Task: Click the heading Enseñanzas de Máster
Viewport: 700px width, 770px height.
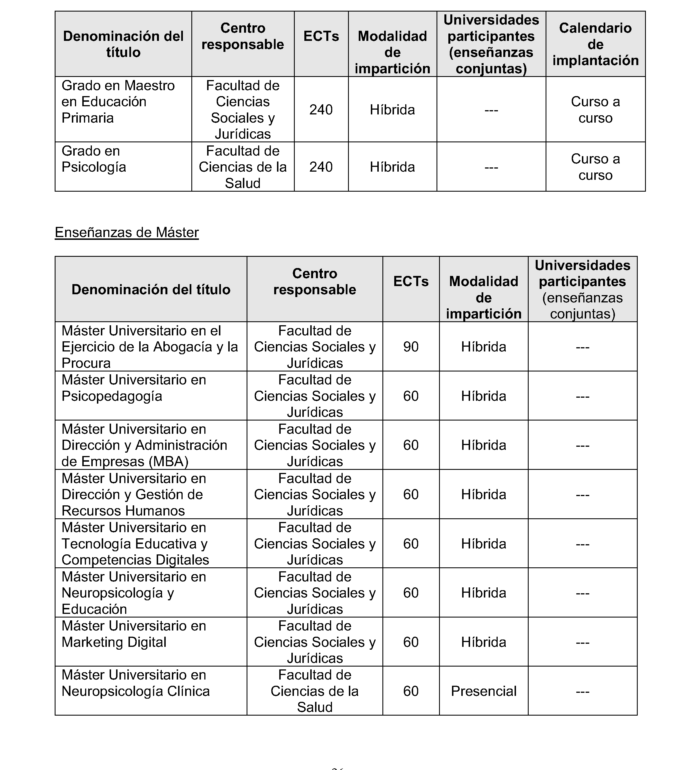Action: (127, 232)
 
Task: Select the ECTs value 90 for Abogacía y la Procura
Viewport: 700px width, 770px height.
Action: (411, 347)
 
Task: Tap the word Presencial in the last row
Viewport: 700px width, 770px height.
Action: (484, 691)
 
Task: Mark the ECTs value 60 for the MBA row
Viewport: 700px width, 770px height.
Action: (411, 445)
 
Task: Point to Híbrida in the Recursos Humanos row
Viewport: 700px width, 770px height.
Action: (484, 495)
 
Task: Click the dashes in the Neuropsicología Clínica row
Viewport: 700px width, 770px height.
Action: (582, 692)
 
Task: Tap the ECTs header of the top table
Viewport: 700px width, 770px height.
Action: (321, 36)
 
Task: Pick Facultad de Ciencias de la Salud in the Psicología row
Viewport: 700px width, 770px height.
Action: (243, 167)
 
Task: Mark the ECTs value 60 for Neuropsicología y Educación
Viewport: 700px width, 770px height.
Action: (411, 593)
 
